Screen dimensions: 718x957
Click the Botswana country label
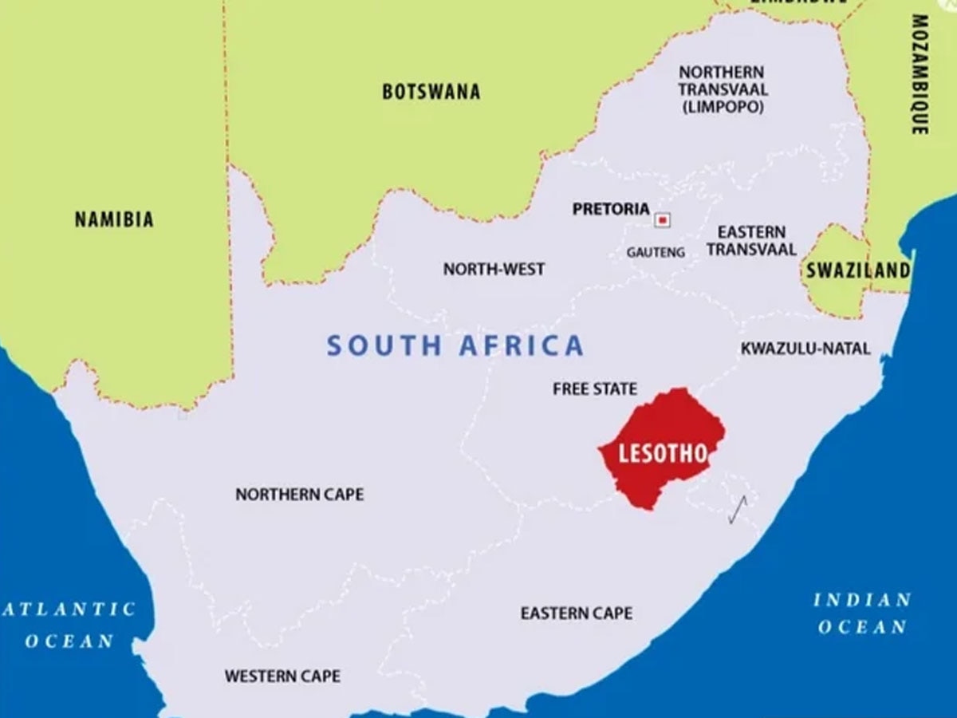tap(431, 92)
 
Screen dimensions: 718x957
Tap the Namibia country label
tap(114, 219)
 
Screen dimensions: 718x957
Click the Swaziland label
tap(857, 270)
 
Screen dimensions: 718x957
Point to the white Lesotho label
tap(664, 454)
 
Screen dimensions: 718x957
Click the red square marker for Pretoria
tap(662, 219)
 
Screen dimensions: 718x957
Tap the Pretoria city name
tap(611, 209)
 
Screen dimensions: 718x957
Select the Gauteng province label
tap(656, 252)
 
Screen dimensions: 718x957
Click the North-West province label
tap(494, 270)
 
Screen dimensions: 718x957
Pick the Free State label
tap(595, 389)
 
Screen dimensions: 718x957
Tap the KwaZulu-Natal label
tap(805, 349)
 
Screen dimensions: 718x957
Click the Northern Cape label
tap(299, 495)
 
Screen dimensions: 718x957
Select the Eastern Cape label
tap(576, 613)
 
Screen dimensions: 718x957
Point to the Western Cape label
tap(282, 677)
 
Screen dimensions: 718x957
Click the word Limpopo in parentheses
tap(723, 106)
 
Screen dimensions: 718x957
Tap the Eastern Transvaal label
tap(750, 240)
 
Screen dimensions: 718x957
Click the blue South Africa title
tap(455, 345)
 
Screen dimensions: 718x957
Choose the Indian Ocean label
tap(862, 613)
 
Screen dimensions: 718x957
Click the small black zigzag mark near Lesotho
tap(738, 509)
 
